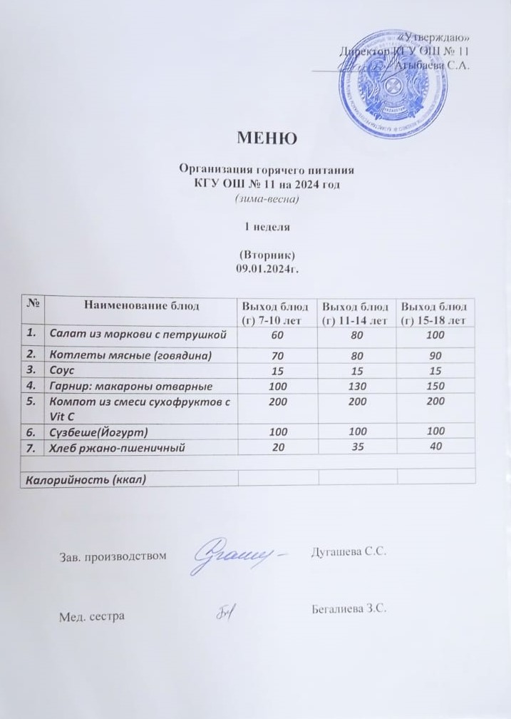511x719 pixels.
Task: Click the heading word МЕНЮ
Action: pyautogui.click(x=266, y=138)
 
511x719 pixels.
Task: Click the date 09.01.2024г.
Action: pyautogui.click(x=265, y=267)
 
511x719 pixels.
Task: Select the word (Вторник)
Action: pyautogui.click(x=265, y=255)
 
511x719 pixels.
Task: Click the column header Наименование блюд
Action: pyautogui.click(x=142, y=306)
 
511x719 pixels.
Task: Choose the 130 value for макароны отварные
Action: pyautogui.click(x=356, y=386)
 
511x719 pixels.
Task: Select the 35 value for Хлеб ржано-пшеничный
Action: pyautogui.click(x=356, y=447)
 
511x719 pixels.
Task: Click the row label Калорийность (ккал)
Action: pyautogui.click(x=86, y=479)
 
